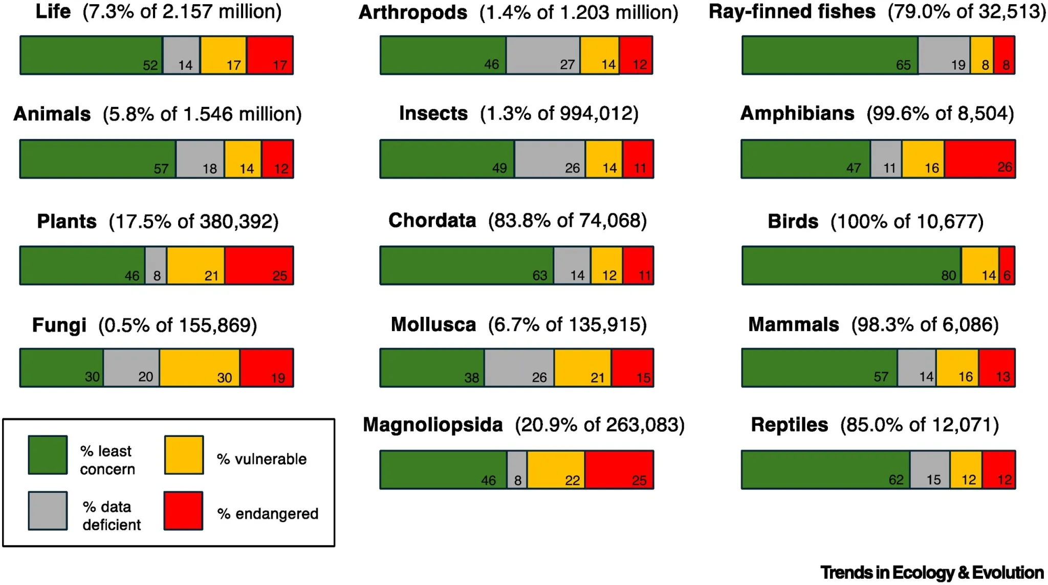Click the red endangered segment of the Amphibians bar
(979, 159)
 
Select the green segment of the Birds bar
(851, 265)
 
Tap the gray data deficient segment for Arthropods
(543, 55)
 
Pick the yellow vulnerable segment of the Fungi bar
(199, 367)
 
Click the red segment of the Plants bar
(259, 265)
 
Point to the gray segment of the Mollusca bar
(519, 367)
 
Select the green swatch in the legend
(48, 455)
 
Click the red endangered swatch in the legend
(183, 511)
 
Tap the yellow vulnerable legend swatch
(184, 455)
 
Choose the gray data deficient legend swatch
(48, 511)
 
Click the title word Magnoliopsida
(432, 425)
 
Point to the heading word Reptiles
(789, 425)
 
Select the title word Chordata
(432, 221)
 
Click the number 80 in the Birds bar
(948, 275)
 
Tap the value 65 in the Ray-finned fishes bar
(903, 65)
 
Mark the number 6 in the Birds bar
(1007, 275)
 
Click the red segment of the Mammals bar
(996, 367)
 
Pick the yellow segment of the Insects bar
(604, 159)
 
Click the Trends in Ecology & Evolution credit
(932, 572)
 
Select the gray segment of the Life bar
(182, 55)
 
